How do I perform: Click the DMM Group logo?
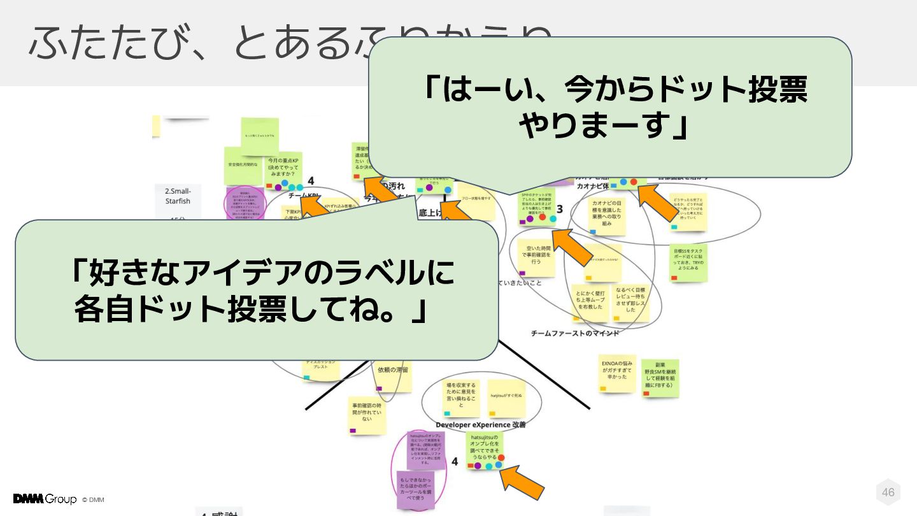45,499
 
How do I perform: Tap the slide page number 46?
888,492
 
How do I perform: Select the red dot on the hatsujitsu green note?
501,458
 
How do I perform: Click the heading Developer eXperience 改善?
480,425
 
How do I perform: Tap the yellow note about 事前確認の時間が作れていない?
367,415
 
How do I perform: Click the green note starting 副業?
660,377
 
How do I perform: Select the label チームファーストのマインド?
575,333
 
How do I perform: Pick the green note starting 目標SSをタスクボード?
688,262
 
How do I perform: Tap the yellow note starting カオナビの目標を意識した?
606,214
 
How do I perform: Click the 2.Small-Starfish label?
178,196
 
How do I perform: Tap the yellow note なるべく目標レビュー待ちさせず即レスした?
630,301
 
